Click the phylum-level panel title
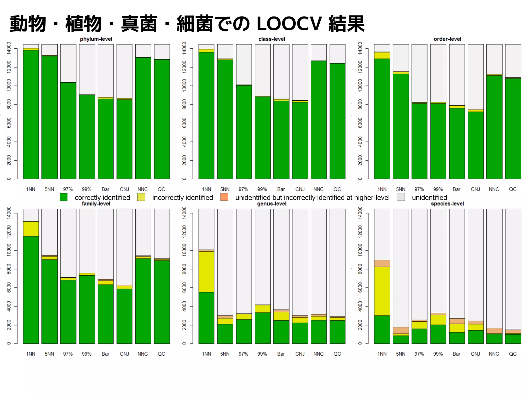(96, 39)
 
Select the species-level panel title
(447, 204)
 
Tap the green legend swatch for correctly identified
(64, 197)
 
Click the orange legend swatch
(224, 197)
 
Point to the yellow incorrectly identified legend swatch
(141, 197)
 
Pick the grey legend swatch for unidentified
(401, 197)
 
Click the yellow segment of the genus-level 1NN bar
(206, 271)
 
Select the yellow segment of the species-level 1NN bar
(382, 291)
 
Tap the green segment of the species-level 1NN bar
(382, 329)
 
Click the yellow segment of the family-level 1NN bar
(31, 229)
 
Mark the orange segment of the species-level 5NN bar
(401, 330)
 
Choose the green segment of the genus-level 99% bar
(262, 328)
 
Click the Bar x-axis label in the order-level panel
(456, 189)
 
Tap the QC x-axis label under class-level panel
(337, 189)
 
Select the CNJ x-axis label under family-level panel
(124, 354)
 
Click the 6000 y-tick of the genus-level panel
(185, 287)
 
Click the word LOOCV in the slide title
(289, 24)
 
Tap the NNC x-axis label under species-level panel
(494, 354)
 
